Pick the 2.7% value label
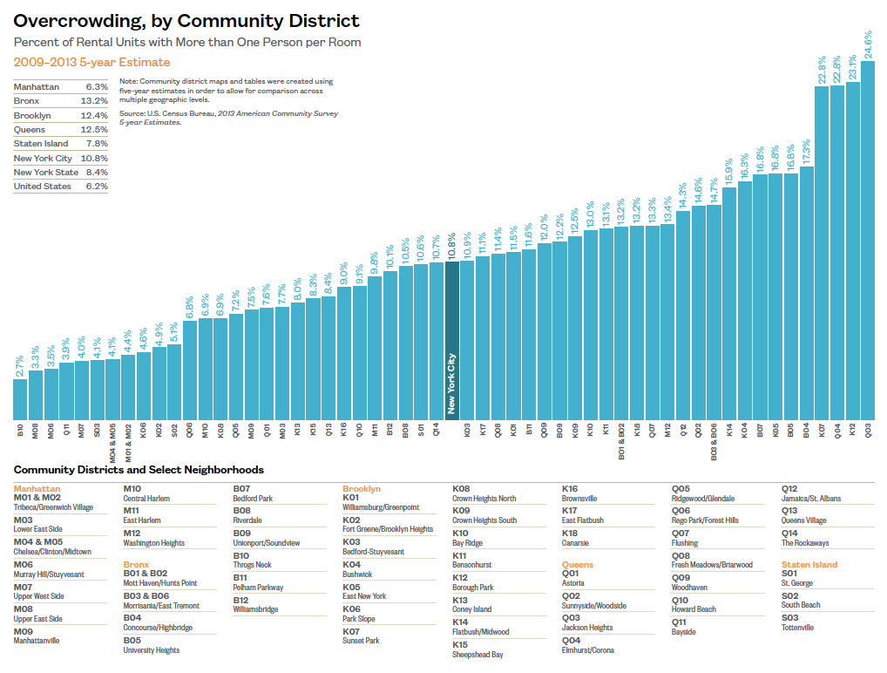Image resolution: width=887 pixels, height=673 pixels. pyautogui.click(x=20, y=364)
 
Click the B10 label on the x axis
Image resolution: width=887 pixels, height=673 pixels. pyautogui.click(x=20, y=430)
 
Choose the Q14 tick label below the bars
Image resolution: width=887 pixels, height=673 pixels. pyautogui.click(x=437, y=430)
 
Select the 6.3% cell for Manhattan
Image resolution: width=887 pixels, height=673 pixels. pyautogui.click(x=96, y=87)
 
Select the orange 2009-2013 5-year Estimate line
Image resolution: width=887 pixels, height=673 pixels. pyautogui.click(x=91, y=62)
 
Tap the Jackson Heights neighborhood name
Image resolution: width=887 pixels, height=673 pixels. pyautogui.click(x=587, y=628)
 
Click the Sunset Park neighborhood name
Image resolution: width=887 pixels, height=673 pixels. pyautogui.click(x=361, y=641)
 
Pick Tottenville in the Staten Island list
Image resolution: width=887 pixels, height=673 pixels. pyautogui.click(x=797, y=628)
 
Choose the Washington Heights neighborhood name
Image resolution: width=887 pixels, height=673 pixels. pyautogui.click(x=154, y=543)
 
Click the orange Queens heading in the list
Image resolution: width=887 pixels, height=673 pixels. pyautogui.click(x=578, y=565)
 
